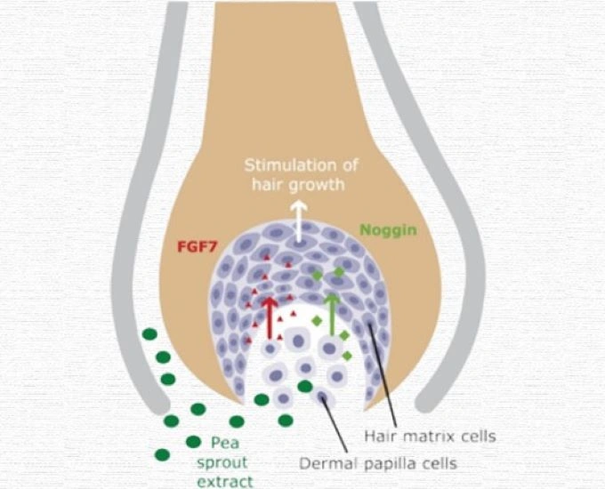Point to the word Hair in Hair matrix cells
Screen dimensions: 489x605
(384, 437)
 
